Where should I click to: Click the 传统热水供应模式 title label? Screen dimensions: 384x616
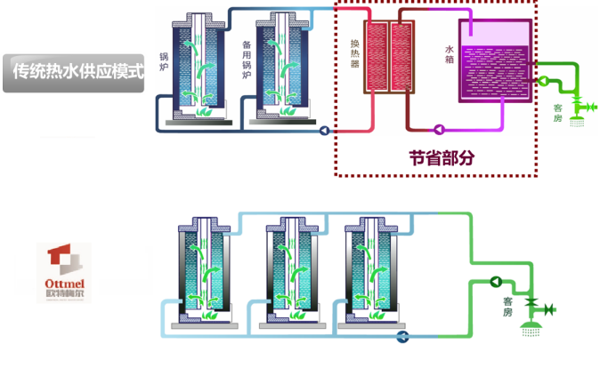tap(73, 69)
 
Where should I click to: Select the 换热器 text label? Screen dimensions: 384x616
tap(354, 52)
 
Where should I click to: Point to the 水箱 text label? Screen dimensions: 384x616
tap(450, 52)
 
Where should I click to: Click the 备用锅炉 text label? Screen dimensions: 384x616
tap(247, 60)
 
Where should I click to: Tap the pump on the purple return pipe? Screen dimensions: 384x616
tap(439, 129)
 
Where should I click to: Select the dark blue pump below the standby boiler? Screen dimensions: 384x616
tap(323, 130)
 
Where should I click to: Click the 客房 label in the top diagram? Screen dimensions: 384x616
tap(557, 114)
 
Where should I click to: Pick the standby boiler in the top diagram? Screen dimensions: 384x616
tap(282, 67)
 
